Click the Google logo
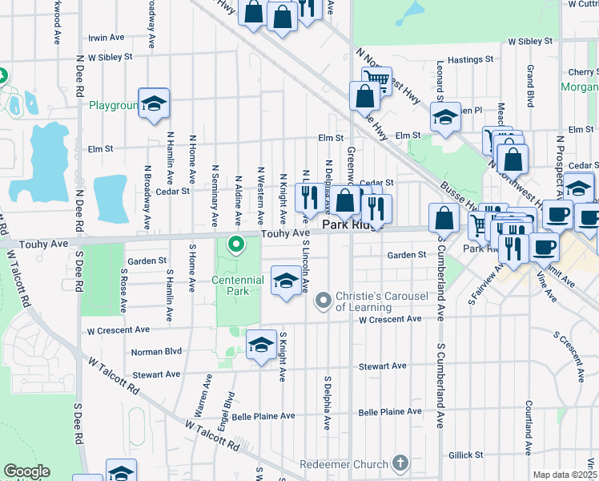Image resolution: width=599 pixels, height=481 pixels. pyautogui.click(x=26, y=471)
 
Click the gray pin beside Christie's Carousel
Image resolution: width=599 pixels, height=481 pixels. pyautogui.click(x=324, y=301)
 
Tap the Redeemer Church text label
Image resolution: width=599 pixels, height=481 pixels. pyautogui.click(x=344, y=464)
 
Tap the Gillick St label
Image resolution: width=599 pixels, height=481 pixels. pyautogui.click(x=466, y=455)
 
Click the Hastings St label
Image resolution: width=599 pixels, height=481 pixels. pyautogui.click(x=470, y=59)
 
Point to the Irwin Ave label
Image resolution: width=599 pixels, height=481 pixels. pyautogui.click(x=107, y=37)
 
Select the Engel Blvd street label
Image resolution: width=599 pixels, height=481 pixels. pyautogui.click(x=230, y=406)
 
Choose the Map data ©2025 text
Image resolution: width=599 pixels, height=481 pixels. pyautogui.click(x=565, y=475)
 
